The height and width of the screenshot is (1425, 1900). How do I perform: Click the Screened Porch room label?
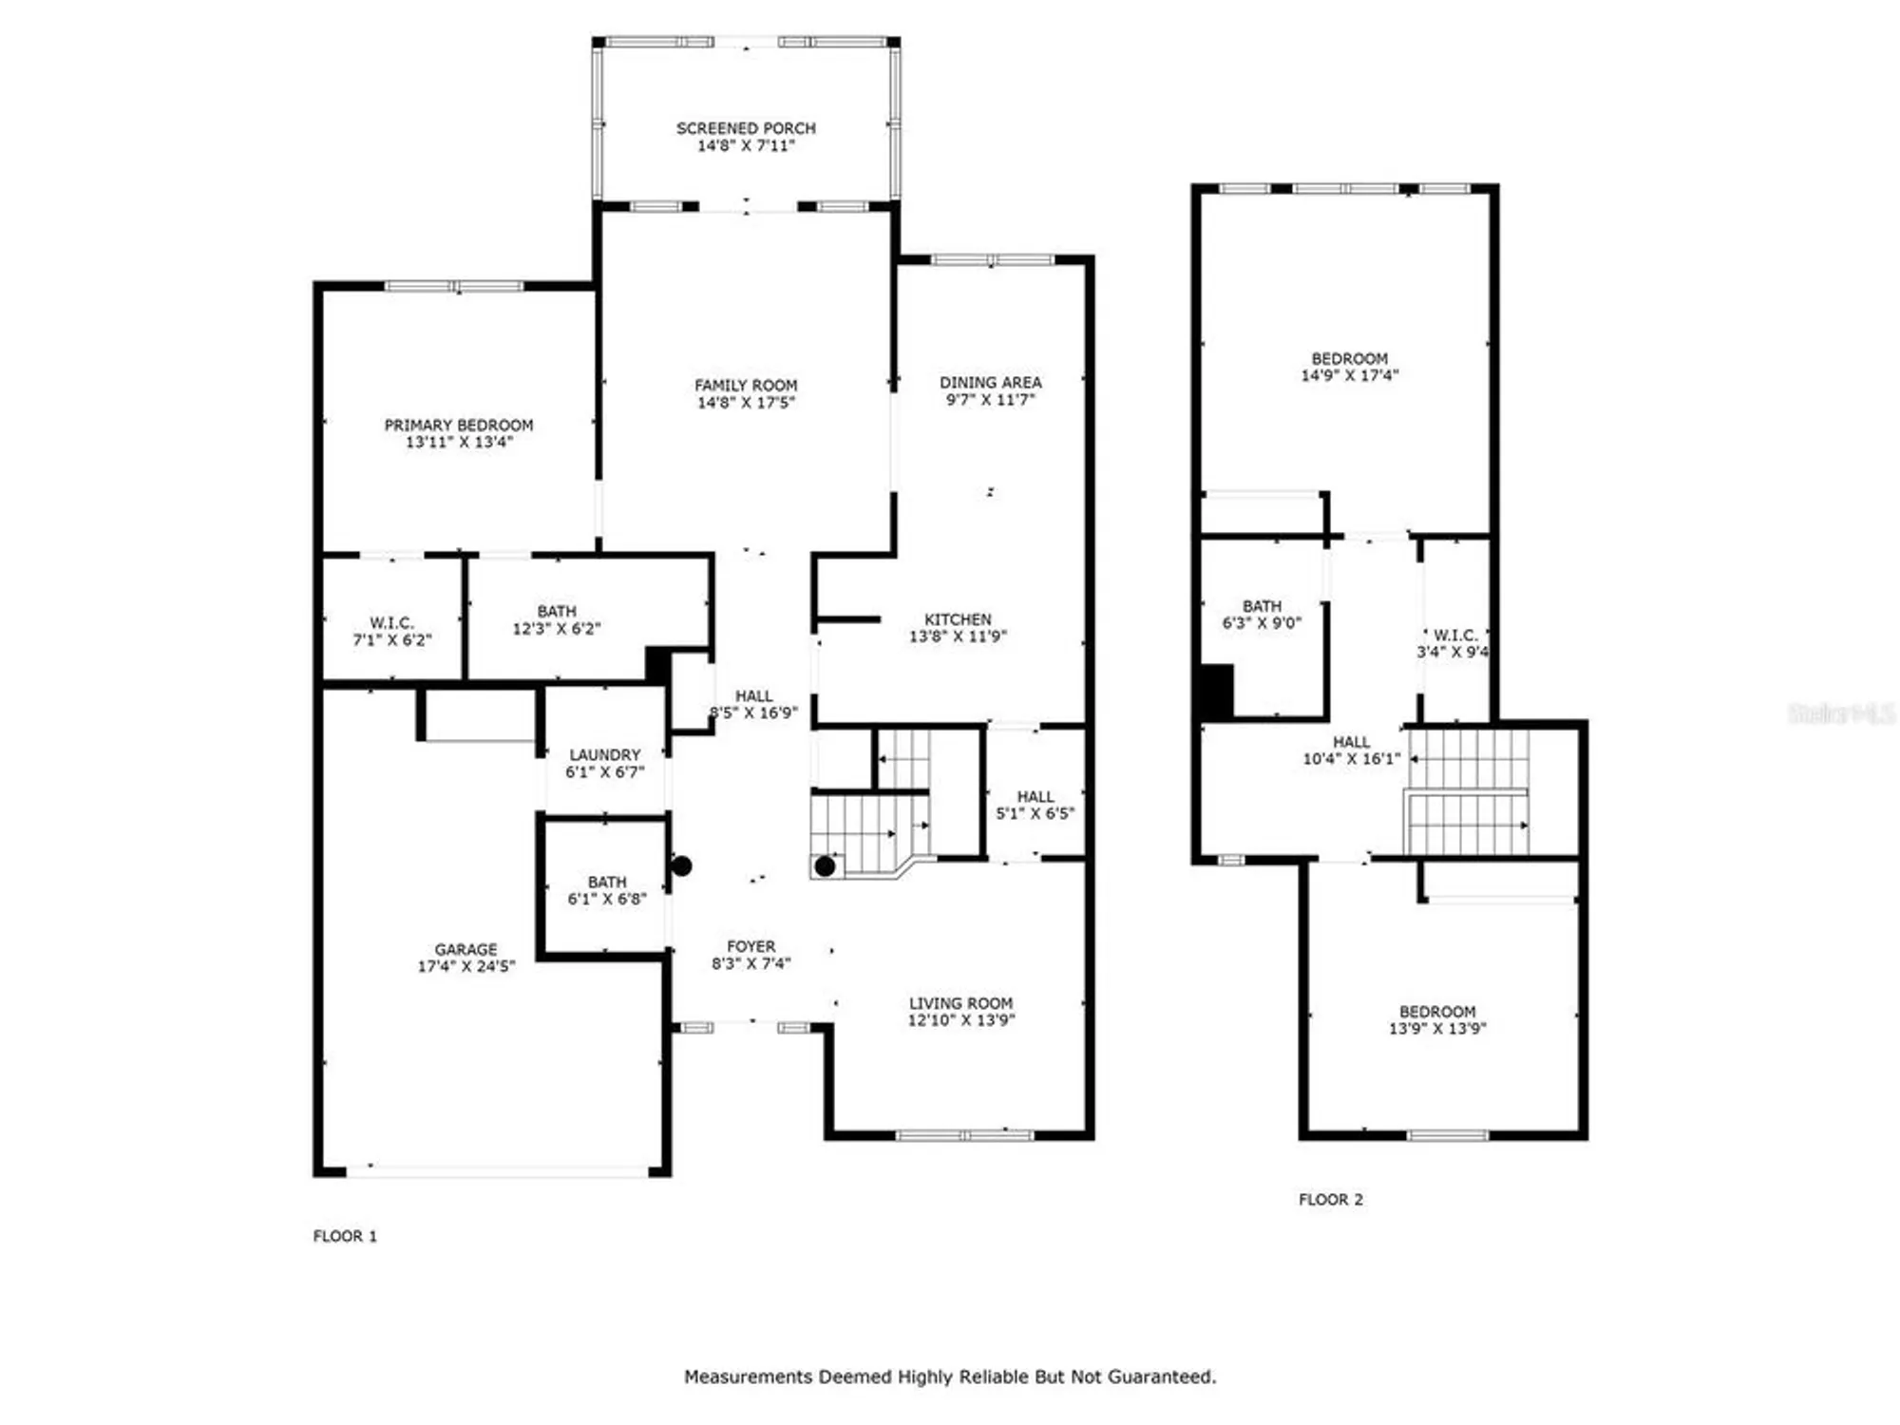pyautogui.click(x=746, y=128)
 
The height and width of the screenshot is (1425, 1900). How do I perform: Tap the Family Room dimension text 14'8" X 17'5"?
pyautogui.click(x=746, y=403)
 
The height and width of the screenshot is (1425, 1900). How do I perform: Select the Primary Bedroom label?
pyautogui.click(x=459, y=425)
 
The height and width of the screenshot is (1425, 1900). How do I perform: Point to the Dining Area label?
pyautogui.click(x=991, y=382)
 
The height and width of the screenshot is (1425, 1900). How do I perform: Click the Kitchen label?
pyautogui.click(x=958, y=619)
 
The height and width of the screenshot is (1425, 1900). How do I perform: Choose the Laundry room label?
pyautogui.click(x=605, y=754)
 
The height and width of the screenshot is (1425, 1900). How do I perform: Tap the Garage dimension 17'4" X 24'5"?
pyautogui.click(x=466, y=966)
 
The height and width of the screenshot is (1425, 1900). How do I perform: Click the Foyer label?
pyautogui.click(x=750, y=946)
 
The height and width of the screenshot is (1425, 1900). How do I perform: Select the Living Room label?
pyautogui.click(x=960, y=1003)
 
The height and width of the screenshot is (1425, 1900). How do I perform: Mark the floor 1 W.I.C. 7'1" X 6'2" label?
pyautogui.click(x=391, y=631)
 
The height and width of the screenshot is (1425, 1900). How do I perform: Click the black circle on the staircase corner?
pyautogui.click(x=825, y=866)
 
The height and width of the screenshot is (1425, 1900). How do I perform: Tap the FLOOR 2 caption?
pyautogui.click(x=1330, y=1200)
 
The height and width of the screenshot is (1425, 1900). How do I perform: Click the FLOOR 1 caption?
pyautogui.click(x=345, y=1236)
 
